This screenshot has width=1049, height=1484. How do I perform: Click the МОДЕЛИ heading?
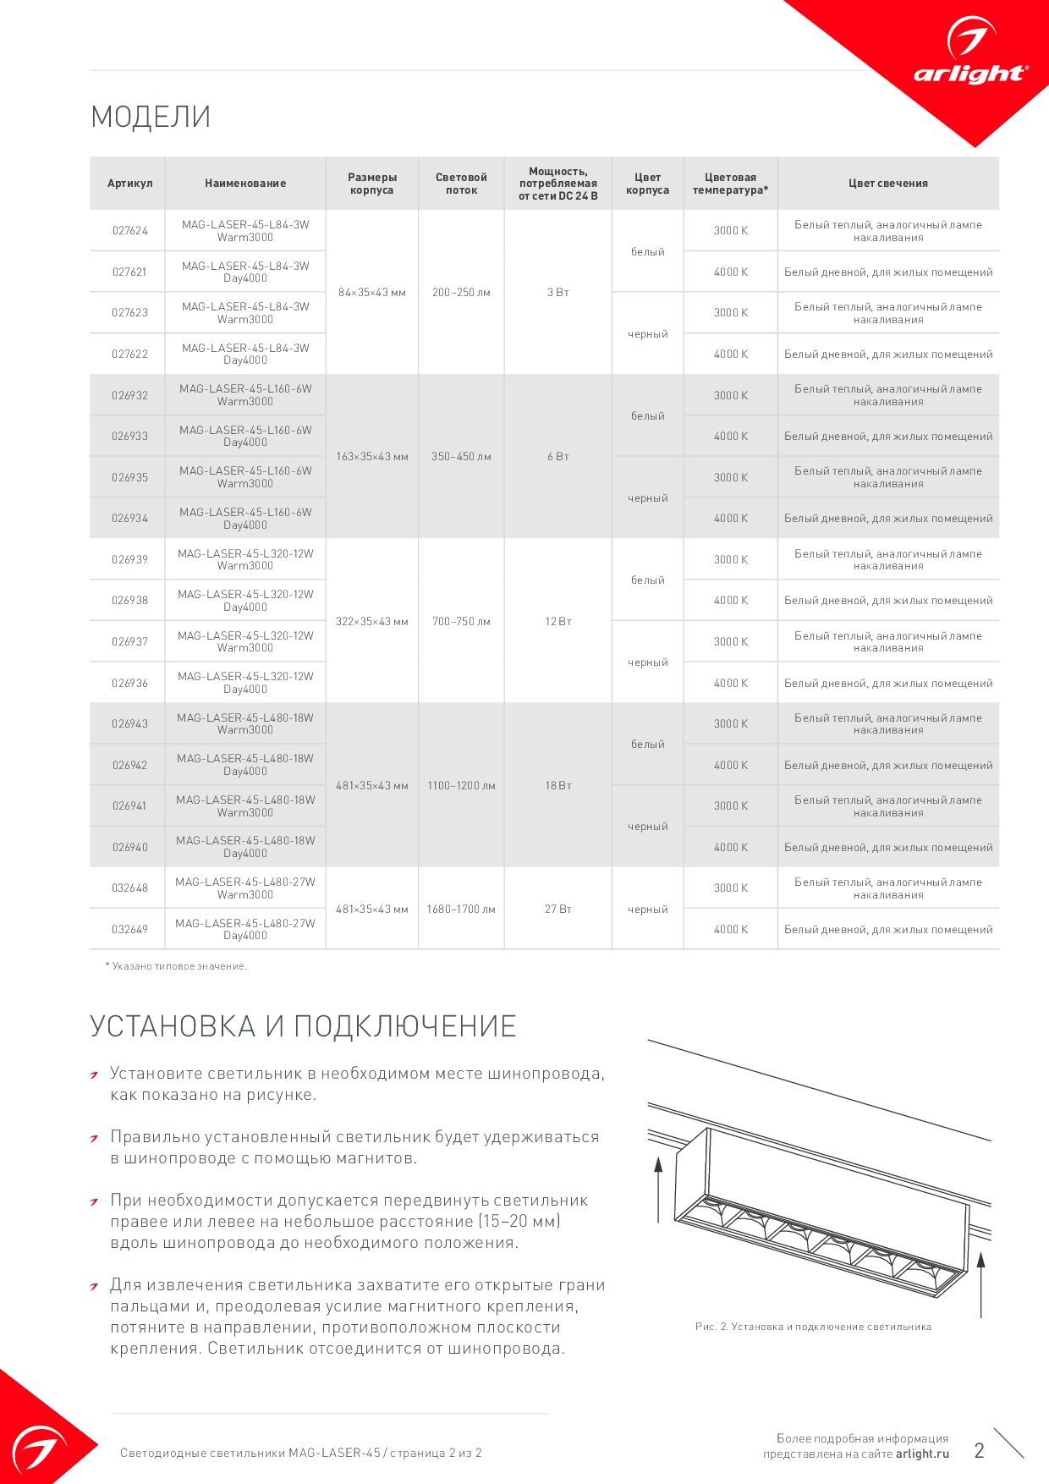(151, 117)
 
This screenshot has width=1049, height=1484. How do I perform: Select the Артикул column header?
(129, 184)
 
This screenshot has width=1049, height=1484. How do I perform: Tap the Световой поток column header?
(461, 184)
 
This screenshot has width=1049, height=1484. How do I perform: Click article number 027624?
(129, 231)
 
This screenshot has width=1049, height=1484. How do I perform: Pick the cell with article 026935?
(129, 478)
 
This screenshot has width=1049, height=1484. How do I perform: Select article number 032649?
(129, 930)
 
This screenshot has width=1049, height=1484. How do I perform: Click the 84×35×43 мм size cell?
(372, 293)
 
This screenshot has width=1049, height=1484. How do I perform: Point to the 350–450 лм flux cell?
(461, 457)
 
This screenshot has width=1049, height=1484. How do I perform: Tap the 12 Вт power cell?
(558, 622)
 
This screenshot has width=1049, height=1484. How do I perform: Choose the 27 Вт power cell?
(558, 910)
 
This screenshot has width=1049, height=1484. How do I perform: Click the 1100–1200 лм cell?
(461, 786)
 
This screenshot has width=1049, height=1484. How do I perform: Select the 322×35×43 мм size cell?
(372, 622)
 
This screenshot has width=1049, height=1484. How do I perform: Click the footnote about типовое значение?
(176, 966)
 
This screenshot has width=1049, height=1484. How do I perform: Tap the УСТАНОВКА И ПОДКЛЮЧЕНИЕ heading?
(303, 1026)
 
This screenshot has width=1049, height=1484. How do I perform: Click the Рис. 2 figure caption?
(813, 1327)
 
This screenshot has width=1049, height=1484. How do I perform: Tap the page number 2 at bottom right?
(980, 1451)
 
